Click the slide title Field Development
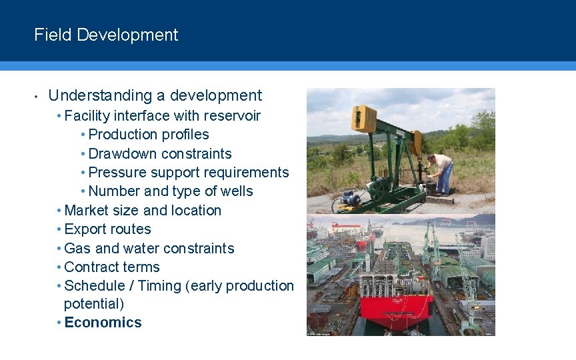point(106,35)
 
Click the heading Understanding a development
point(155,96)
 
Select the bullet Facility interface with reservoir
point(162,116)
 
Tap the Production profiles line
point(148,135)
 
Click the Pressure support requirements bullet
point(188,172)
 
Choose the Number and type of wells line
point(170,191)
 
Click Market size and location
point(143,211)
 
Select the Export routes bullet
point(107,229)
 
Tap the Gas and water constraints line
point(149,249)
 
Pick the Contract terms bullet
point(112,267)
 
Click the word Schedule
point(94,286)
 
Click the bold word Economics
point(103,323)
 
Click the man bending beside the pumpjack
point(441,172)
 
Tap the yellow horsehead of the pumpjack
point(364,119)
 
